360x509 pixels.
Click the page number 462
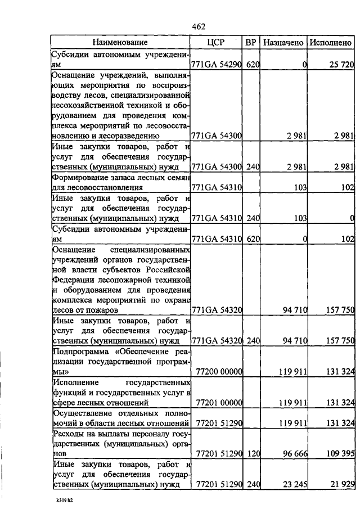[199, 26]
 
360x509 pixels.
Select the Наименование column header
[120, 42]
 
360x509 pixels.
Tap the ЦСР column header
[216, 42]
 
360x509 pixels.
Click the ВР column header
[251, 42]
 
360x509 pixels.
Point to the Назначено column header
[284, 42]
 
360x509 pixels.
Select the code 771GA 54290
[217, 65]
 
